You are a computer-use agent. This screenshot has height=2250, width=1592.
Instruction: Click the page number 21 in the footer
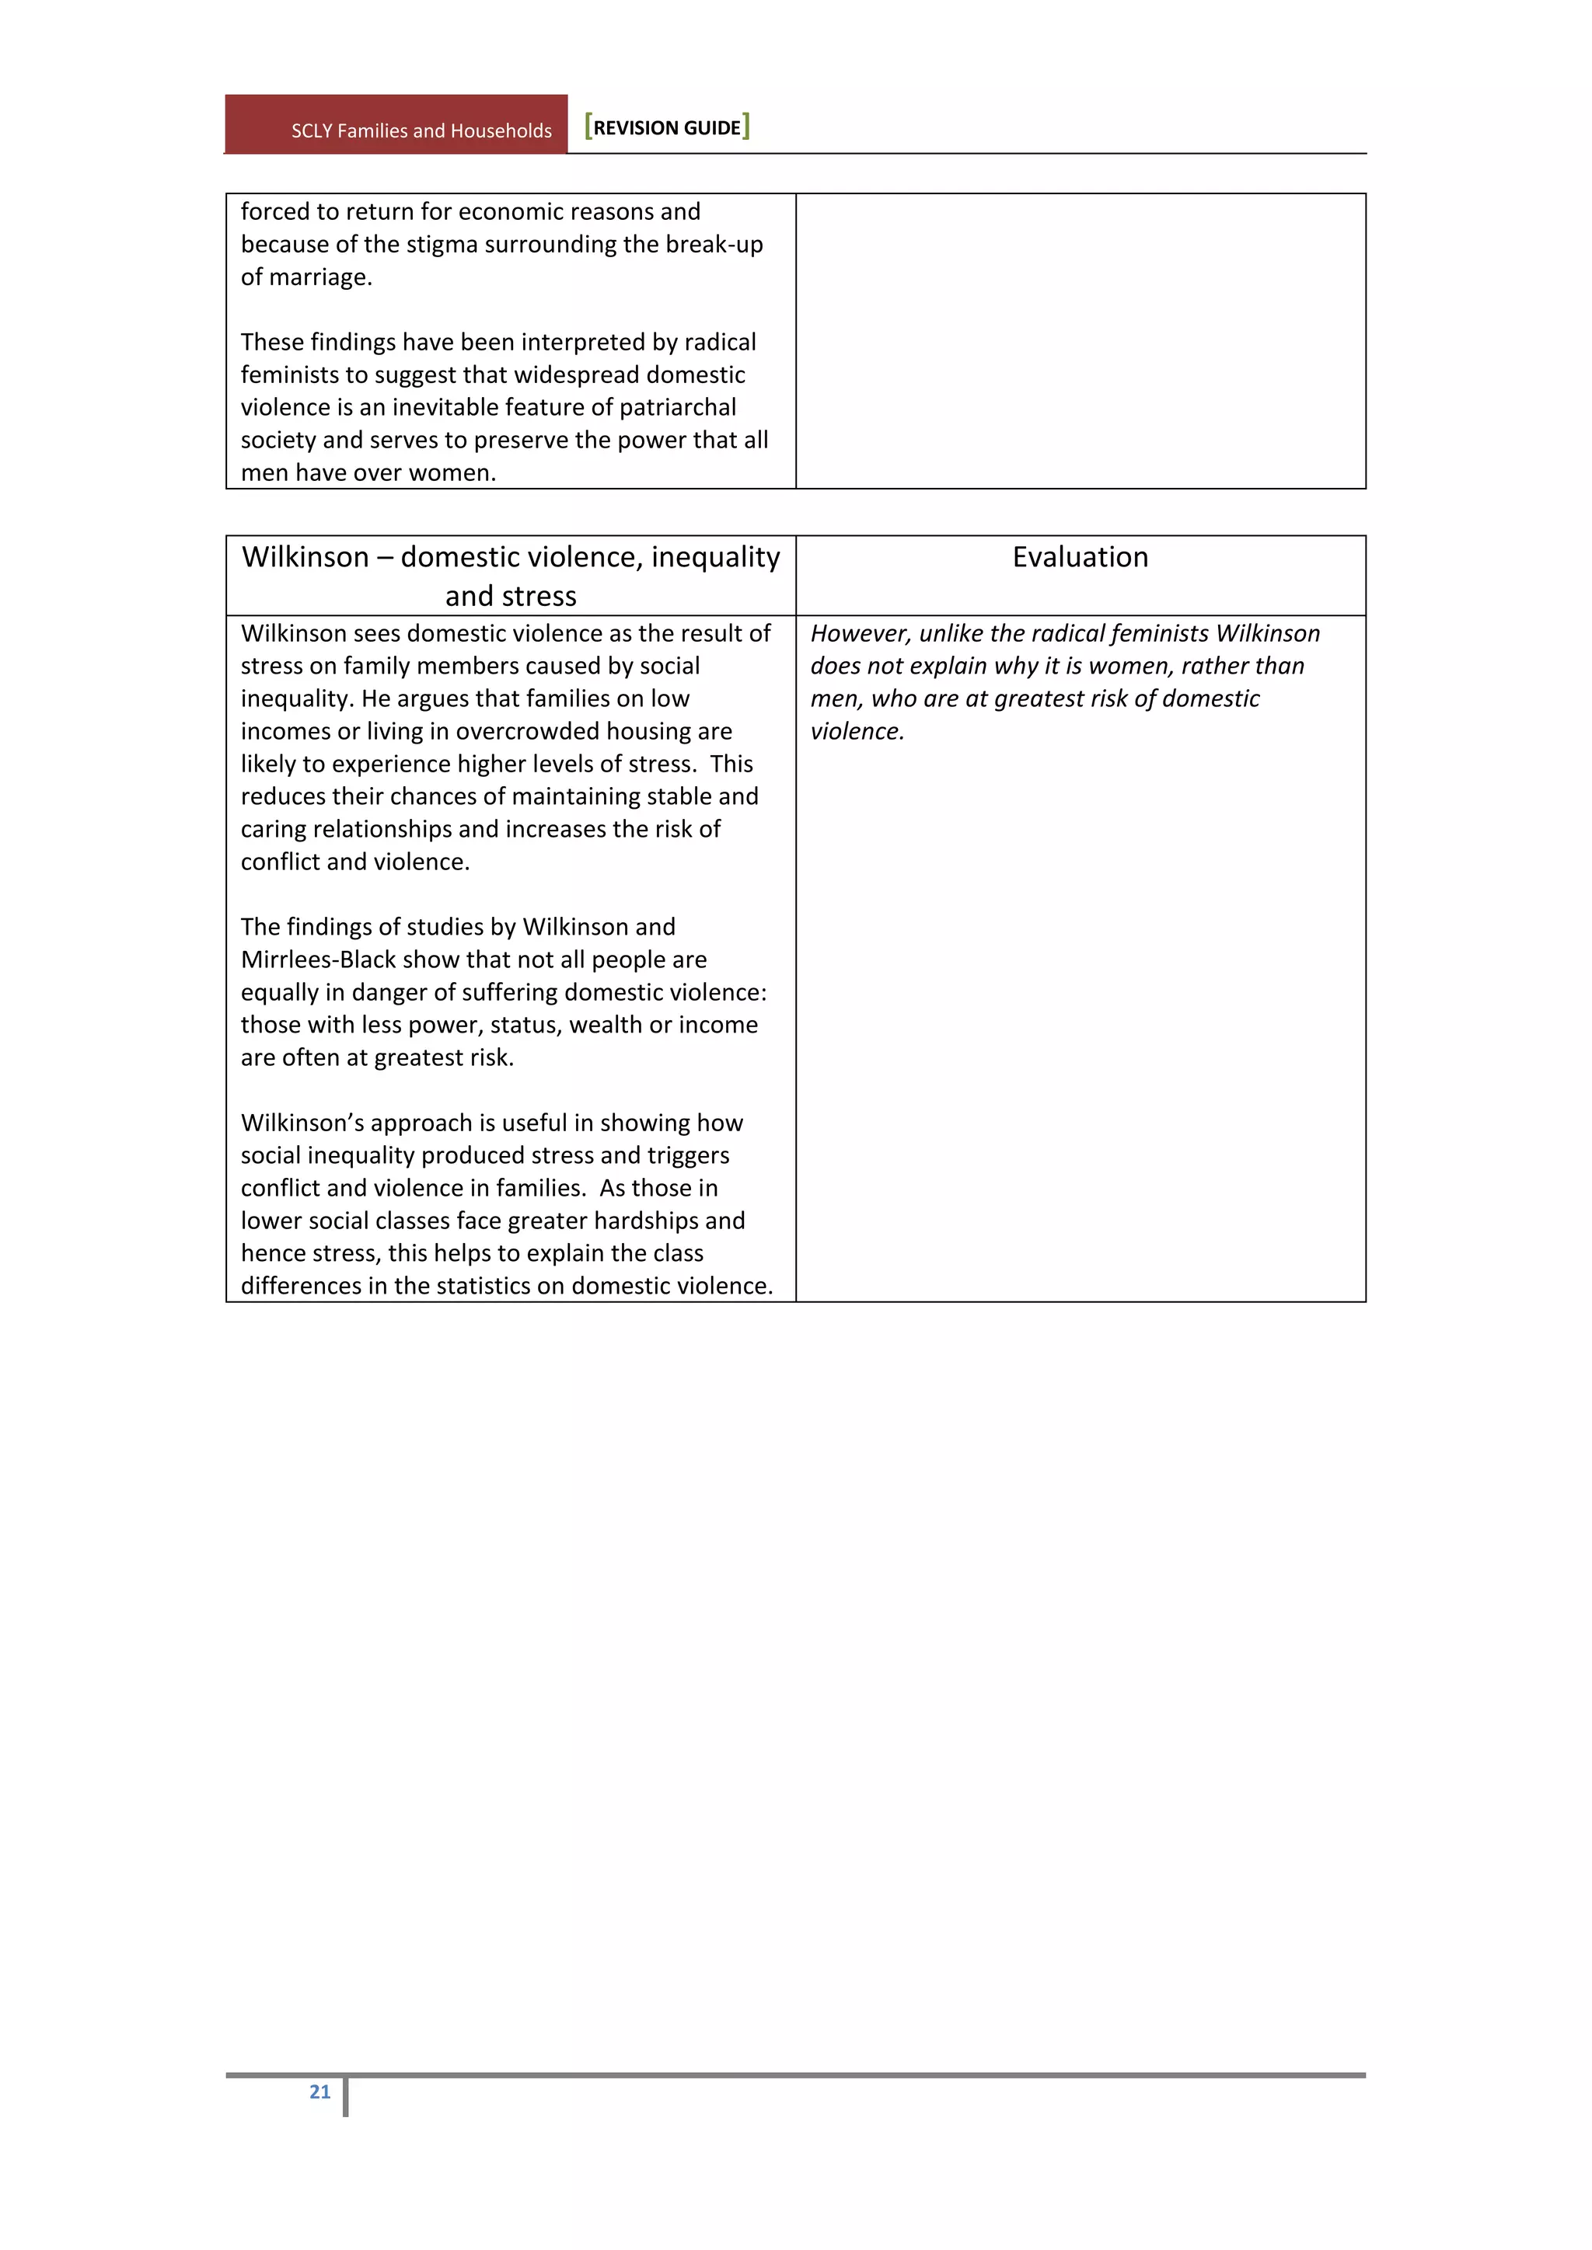[319, 2092]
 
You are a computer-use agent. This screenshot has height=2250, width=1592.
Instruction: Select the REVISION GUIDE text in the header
[667, 128]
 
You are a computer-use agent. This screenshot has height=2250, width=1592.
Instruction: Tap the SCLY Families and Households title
[421, 131]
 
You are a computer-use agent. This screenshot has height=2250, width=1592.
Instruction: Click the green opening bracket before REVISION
[588, 127]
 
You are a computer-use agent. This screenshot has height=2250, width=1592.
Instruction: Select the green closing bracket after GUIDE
[746, 127]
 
